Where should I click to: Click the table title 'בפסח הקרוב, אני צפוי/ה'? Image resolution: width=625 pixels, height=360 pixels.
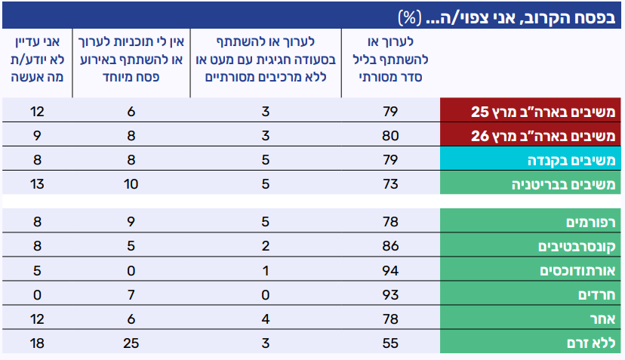tap(514, 15)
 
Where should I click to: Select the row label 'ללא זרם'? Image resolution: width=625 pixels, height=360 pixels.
tap(591, 343)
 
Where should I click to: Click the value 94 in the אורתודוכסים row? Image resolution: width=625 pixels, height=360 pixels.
tap(390, 270)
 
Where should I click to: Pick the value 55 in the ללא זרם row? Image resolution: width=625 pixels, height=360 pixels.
tap(390, 343)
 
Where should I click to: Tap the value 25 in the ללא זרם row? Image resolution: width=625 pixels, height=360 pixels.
tap(130, 343)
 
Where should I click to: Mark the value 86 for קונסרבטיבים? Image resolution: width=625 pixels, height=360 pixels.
tap(390, 246)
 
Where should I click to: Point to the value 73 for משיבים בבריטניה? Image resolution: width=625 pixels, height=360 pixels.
tap(390, 184)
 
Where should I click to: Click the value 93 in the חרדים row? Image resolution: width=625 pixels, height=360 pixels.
tap(390, 295)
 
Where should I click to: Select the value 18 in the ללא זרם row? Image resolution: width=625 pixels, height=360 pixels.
tap(35, 343)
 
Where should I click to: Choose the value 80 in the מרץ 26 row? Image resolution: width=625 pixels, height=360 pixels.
tap(390, 136)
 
